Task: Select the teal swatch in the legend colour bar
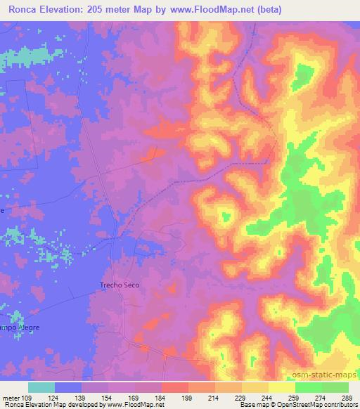coord(41,387)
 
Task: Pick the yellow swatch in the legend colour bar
coord(282,387)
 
